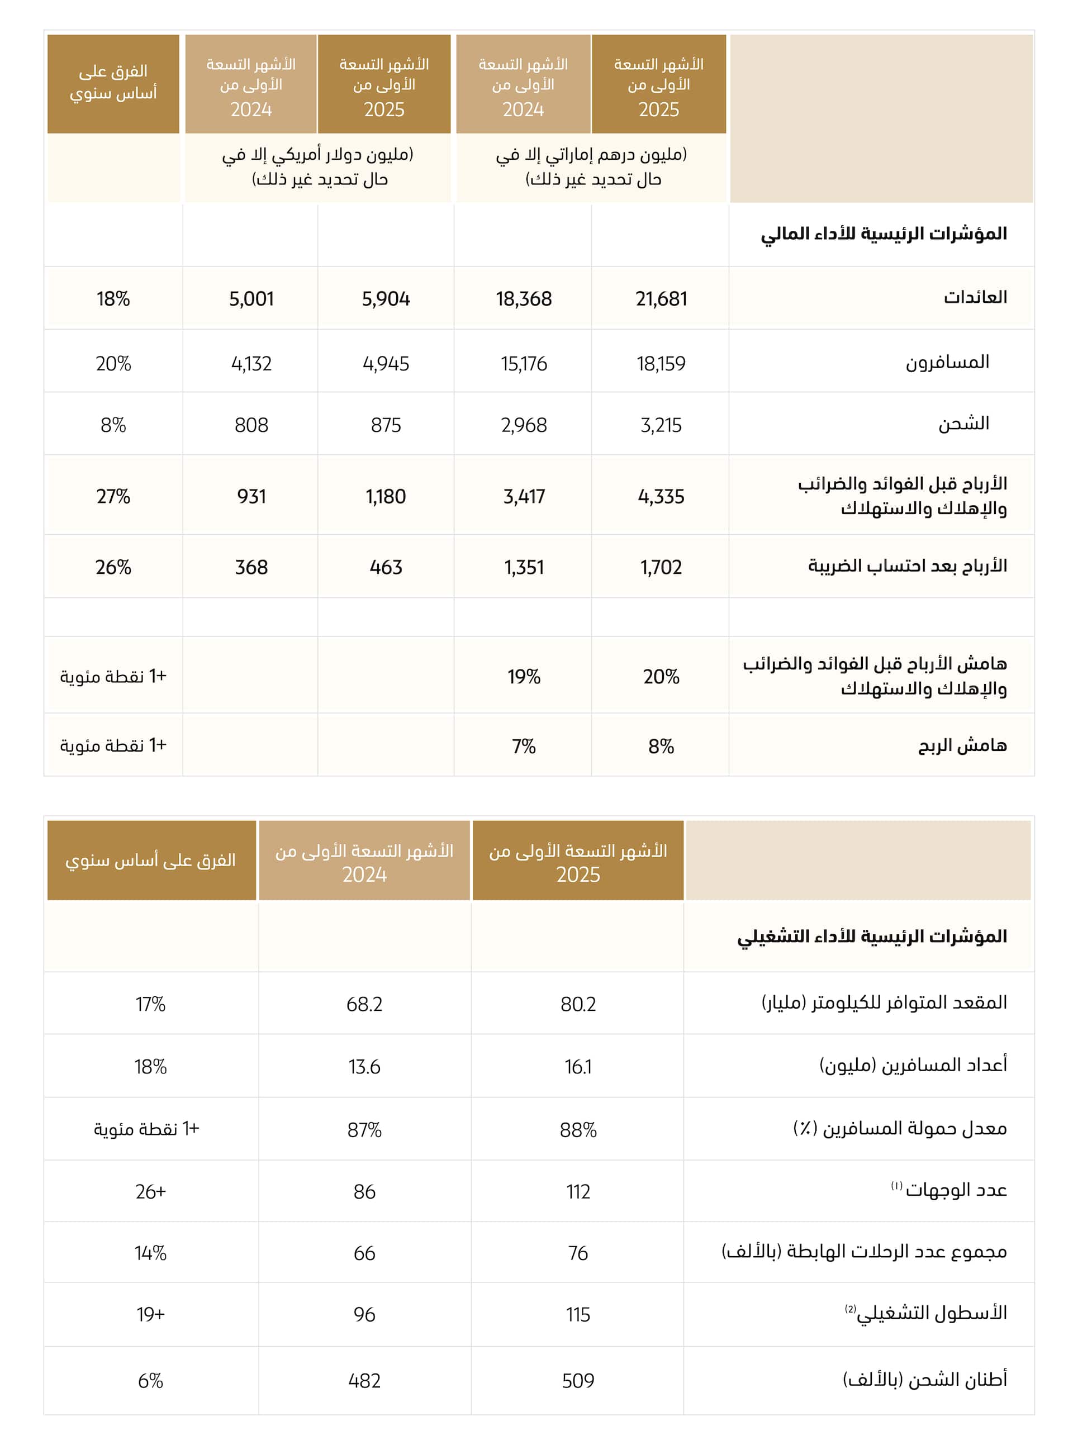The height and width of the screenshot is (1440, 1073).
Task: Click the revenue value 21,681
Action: click(661, 299)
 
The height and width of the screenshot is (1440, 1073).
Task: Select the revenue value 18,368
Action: click(524, 299)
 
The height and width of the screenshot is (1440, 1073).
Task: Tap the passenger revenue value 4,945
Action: click(386, 364)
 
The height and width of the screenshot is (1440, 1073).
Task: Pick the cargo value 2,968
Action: click(524, 425)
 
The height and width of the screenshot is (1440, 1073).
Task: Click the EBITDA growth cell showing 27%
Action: click(113, 497)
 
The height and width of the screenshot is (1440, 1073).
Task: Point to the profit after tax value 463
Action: click(386, 568)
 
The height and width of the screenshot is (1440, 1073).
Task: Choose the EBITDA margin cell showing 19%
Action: click(524, 677)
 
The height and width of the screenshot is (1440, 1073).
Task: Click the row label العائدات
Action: click(975, 297)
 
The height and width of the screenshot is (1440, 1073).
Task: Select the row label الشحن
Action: click(963, 424)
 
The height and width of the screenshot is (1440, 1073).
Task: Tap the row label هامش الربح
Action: click(962, 745)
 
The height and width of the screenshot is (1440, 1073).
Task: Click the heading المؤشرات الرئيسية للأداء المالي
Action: click(884, 234)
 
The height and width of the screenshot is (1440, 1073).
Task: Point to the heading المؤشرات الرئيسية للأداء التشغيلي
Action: click(872, 937)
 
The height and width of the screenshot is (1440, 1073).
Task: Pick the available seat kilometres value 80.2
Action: click(577, 1004)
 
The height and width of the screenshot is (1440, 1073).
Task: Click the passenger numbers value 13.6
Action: click(364, 1067)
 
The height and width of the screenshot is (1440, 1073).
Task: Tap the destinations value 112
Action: click(577, 1192)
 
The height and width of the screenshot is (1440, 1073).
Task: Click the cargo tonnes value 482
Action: click(364, 1381)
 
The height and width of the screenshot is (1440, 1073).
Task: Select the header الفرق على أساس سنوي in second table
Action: click(151, 861)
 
